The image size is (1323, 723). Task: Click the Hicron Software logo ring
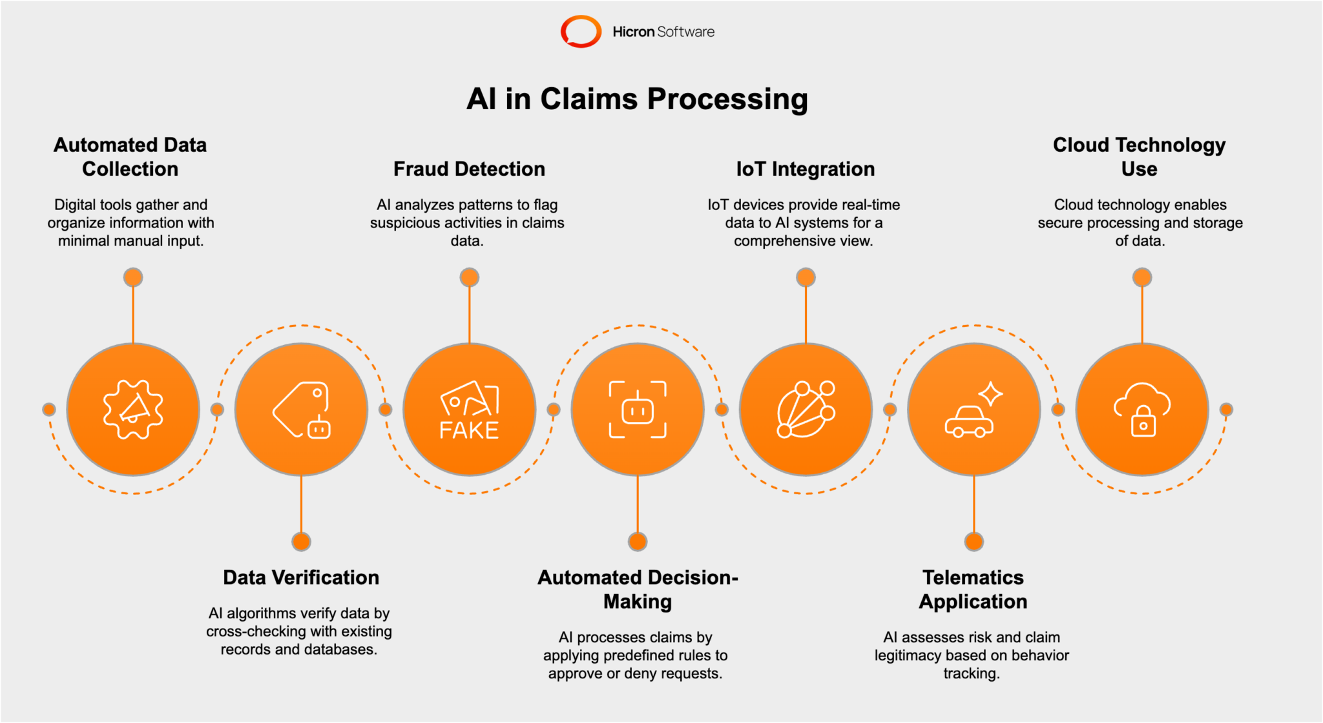click(x=580, y=32)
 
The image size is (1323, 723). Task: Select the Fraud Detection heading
click(x=469, y=169)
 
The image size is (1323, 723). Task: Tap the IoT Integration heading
click(x=805, y=169)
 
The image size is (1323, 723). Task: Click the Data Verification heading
click(x=301, y=577)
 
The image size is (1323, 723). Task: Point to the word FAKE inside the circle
click(x=469, y=430)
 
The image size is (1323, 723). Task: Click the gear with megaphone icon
click(x=133, y=410)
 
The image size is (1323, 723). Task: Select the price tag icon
click(x=301, y=410)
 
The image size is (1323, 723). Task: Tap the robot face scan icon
click(x=638, y=410)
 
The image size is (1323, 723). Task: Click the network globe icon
click(x=806, y=410)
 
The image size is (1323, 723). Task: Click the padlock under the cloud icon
click(x=1143, y=422)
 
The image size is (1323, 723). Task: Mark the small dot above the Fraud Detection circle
click(x=470, y=278)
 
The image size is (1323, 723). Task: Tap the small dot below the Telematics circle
click(x=974, y=541)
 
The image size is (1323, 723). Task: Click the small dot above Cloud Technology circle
click(x=1142, y=278)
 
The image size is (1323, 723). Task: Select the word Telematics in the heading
click(x=973, y=577)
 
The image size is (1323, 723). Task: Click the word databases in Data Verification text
click(x=340, y=649)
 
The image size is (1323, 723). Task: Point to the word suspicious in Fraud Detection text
click(x=402, y=223)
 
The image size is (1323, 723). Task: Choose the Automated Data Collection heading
click(x=130, y=157)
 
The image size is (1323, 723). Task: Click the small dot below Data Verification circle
click(x=301, y=541)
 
